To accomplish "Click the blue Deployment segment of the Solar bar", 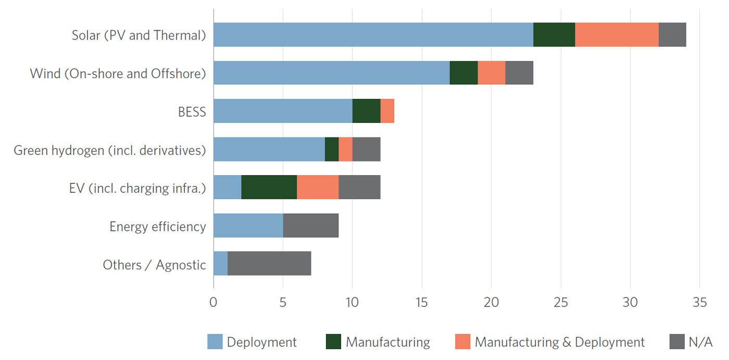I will coord(373,35).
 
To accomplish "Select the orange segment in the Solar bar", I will coord(617,35).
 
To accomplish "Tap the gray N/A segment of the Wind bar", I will coord(519,73).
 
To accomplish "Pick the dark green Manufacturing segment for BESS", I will coord(366,111).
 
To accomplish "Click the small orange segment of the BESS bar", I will coord(387,111).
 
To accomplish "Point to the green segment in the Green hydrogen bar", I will coord(331,149).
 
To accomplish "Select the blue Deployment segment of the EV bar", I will coord(227,187).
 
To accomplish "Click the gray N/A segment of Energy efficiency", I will coord(310,225).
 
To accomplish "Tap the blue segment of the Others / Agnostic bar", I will coord(220,263).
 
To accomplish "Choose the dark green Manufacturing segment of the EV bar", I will coord(269,187).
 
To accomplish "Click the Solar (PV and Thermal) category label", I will coord(139,35).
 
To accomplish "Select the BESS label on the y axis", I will coord(192,111).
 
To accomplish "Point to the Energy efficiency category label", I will coord(157,226).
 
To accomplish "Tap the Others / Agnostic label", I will coord(154,265).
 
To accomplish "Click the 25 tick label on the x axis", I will coord(561,302).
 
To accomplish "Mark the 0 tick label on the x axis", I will coord(213,302).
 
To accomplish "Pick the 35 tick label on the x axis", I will coord(699,302).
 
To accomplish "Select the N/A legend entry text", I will coord(700,342).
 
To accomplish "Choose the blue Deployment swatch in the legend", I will coord(215,342).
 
